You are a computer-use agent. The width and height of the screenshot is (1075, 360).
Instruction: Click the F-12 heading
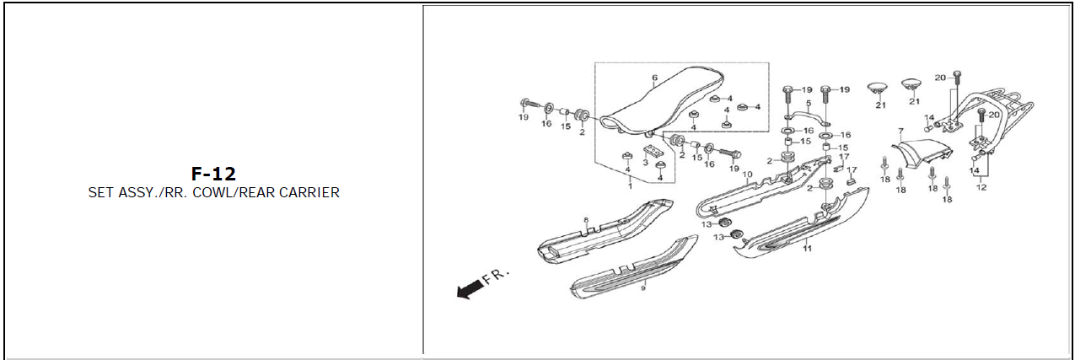(x=213, y=175)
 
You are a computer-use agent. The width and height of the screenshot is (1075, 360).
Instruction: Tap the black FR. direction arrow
(x=465, y=290)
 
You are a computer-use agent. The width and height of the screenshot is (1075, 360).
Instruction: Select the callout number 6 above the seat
(x=654, y=78)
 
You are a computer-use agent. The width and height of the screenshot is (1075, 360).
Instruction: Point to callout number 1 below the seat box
(x=629, y=186)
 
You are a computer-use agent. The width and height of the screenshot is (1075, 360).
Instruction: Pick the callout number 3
(x=645, y=162)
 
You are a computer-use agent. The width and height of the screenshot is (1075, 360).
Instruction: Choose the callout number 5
(x=808, y=104)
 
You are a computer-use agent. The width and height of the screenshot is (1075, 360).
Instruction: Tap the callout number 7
(x=900, y=132)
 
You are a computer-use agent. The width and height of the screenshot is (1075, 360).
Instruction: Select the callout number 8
(x=584, y=220)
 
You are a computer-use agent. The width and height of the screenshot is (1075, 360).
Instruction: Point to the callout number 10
(x=747, y=175)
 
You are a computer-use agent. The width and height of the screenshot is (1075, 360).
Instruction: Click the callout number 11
(x=807, y=250)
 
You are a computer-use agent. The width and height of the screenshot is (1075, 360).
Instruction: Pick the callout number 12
(x=981, y=187)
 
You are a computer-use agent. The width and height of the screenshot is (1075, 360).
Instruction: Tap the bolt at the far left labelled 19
(x=529, y=104)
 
